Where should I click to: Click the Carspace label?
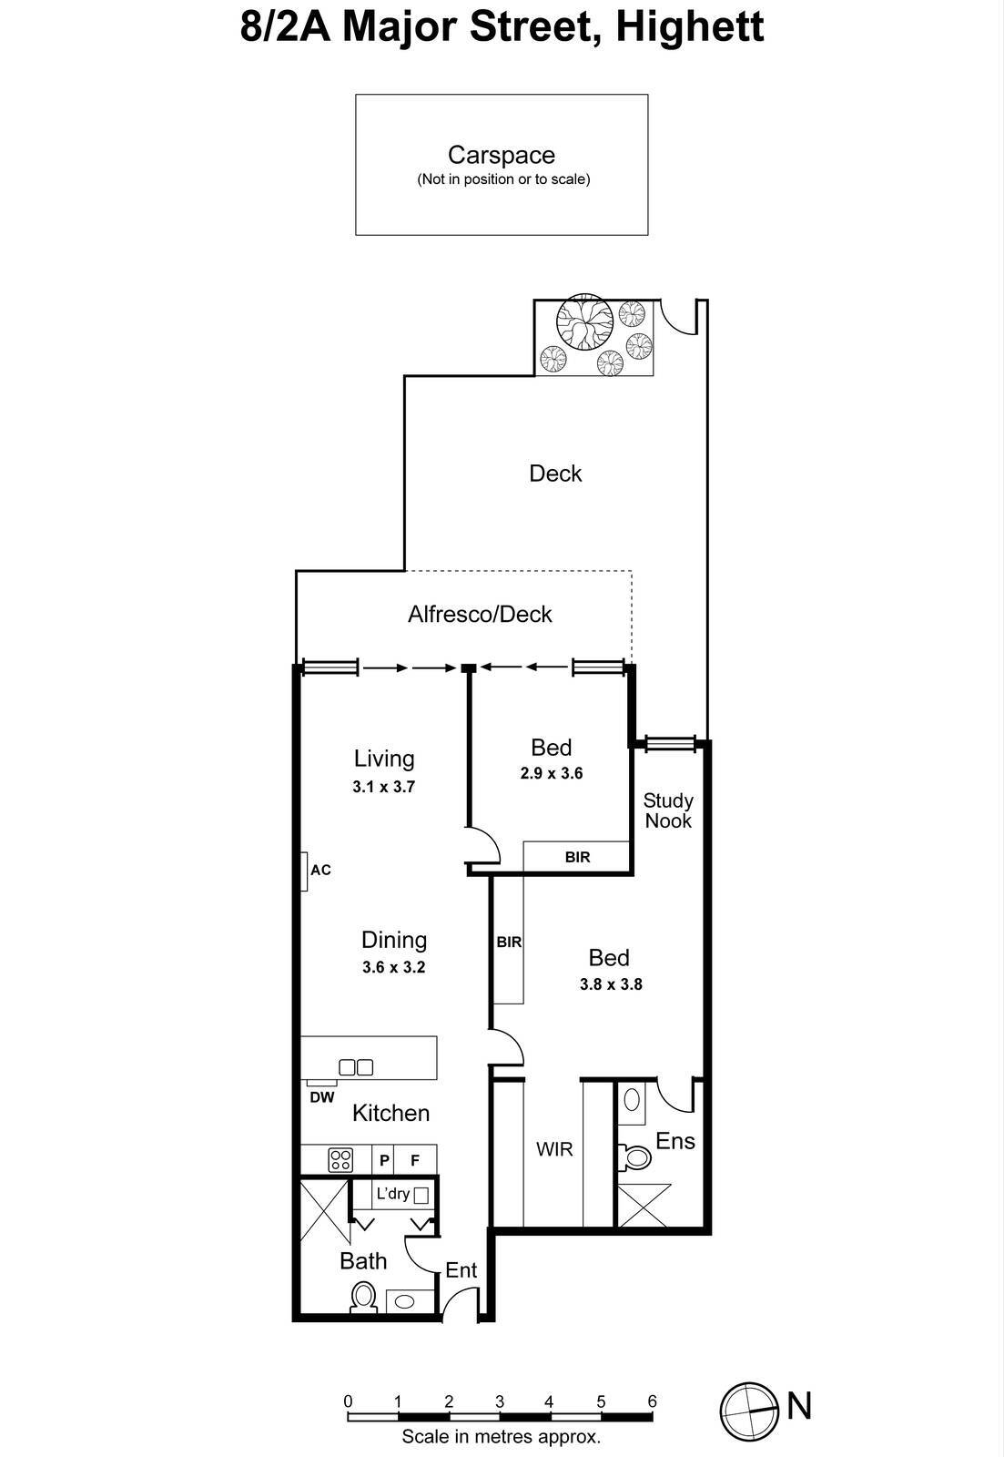pos(501,155)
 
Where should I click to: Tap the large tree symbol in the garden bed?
pos(584,321)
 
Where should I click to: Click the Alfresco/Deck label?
pos(480,614)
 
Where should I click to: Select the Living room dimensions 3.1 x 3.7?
pos(383,787)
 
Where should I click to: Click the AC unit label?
pos(320,870)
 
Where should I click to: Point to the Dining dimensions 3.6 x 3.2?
pos(393,967)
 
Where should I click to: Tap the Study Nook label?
pos(668,810)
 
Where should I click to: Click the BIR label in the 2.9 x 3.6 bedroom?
pos(577,857)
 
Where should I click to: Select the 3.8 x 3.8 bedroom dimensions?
pos(611,983)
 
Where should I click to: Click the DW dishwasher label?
pos(321,1097)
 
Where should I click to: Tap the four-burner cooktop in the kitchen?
pos(340,1159)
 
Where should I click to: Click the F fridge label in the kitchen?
pos(415,1160)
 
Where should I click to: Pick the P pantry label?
pos(384,1160)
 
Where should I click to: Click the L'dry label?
pos(393,1193)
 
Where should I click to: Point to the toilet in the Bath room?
pos(363,1296)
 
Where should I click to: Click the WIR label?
pos(554,1149)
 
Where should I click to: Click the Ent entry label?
pos(461,1270)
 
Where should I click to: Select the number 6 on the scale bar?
pos(652,1401)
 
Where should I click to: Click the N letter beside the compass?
pos(799,1406)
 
